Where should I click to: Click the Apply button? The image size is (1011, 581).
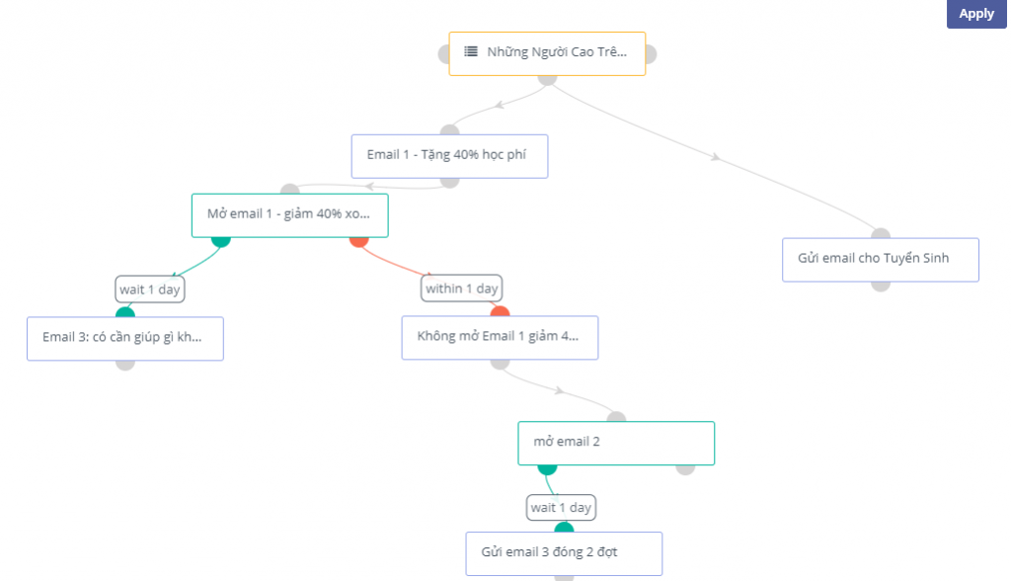976,14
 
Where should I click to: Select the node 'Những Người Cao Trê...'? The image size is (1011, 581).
547,53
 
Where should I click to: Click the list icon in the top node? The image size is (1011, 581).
471,52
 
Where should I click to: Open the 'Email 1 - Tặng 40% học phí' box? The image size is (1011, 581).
449,156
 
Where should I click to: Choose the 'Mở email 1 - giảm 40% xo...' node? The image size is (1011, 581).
289,214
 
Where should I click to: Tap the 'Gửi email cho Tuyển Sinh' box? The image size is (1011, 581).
880,259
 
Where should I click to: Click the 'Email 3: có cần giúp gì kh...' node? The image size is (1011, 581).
124,338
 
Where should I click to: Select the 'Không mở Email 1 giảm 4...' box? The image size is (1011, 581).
500,337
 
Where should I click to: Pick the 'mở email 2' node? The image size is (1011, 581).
615,443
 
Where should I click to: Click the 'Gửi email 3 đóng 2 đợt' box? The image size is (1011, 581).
563,552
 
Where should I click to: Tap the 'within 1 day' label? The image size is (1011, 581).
462,289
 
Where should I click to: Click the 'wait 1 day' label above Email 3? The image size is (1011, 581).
150,289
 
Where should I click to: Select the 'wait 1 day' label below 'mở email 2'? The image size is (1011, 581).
561,507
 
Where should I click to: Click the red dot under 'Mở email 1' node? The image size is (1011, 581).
359,239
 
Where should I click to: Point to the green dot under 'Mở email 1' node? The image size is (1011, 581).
221,239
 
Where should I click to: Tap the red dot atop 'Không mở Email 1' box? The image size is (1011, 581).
500,313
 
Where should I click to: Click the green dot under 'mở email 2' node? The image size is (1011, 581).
547,466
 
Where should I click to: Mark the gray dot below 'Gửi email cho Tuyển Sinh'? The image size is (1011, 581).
881,284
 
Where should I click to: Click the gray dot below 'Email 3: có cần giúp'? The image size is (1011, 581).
125,363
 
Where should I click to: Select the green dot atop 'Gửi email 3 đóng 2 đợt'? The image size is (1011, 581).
564,530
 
